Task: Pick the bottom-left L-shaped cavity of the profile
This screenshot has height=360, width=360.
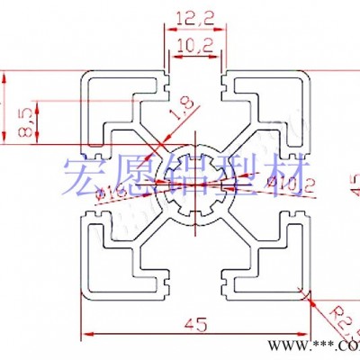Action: pos(108,265)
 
